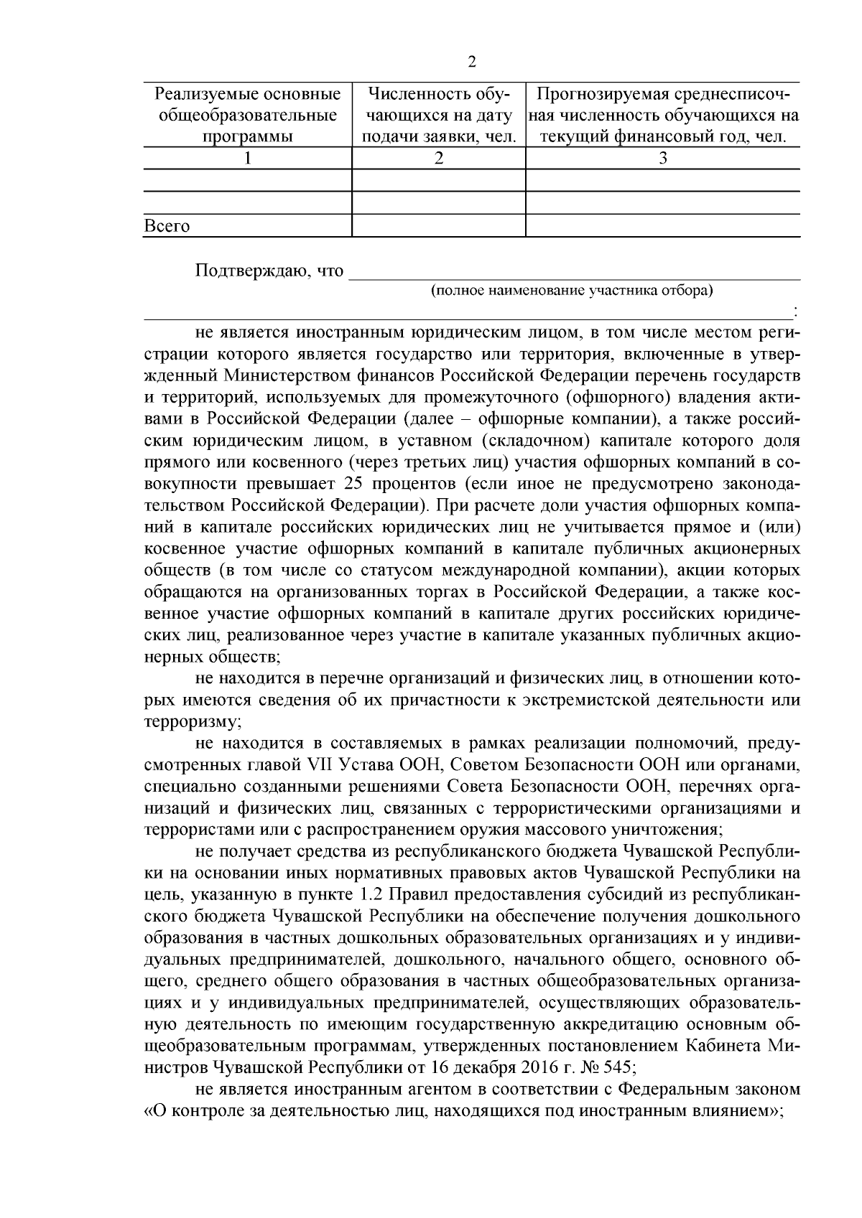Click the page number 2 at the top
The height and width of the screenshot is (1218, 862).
click(x=472, y=62)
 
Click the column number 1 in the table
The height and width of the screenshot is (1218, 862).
click(x=248, y=159)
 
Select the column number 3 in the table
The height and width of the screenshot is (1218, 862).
click(x=663, y=159)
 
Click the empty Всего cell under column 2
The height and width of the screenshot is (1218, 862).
click(x=438, y=225)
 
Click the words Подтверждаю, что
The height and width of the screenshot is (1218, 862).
click(x=269, y=271)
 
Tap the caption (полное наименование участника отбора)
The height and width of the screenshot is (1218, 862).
click(x=572, y=291)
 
